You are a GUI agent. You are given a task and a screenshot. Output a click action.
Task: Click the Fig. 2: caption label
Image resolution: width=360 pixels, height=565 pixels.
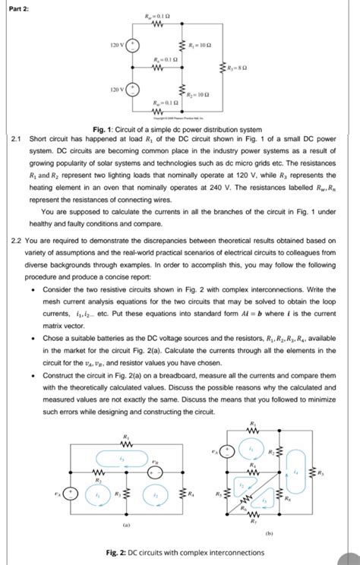pos(124,552)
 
